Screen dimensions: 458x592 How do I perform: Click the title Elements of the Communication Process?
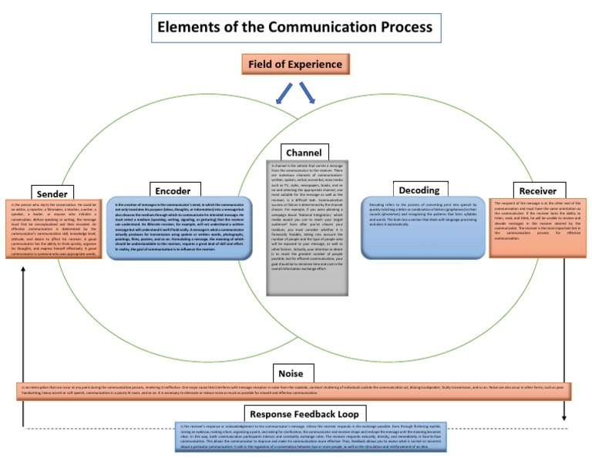[295, 28]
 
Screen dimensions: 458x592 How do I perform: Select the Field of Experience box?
[295, 64]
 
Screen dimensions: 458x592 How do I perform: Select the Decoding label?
[419, 190]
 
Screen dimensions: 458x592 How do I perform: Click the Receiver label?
[537, 190]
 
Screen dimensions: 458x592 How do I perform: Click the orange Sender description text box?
[53, 229]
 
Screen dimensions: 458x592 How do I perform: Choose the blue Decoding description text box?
[425, 227]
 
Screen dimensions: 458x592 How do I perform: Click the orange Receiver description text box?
[536, 227]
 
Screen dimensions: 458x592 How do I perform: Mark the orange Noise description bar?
[294, 391]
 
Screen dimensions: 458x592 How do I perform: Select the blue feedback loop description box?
[312, 436]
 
